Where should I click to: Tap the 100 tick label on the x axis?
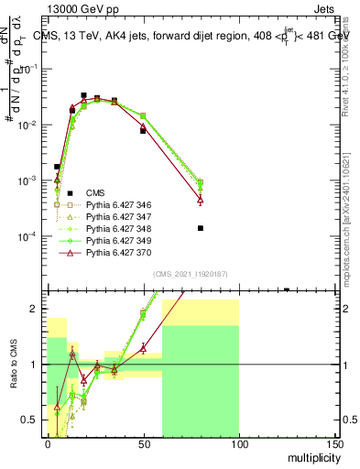pos(239,443)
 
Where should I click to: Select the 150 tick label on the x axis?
pos(335,443)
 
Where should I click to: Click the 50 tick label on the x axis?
pos(143,443)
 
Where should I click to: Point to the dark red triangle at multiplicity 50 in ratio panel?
pos(143,348)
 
